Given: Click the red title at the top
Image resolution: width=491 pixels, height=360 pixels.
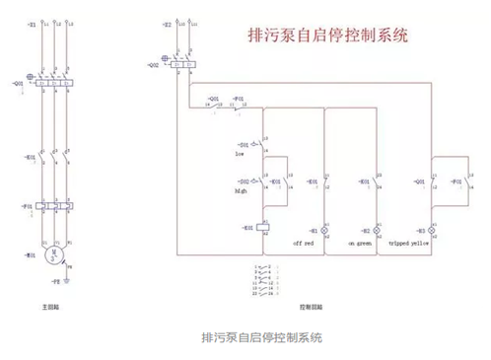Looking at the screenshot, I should tap(327, 34).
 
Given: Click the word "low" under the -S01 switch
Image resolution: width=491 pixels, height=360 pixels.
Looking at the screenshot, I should tap(239, 155).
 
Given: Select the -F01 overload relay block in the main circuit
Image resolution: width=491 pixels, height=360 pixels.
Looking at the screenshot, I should tap(51, 207).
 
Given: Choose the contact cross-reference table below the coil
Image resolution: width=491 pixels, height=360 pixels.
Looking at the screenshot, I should tap(266, 280).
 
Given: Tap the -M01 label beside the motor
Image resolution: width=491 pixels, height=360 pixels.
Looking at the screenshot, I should tap(31, 254).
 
